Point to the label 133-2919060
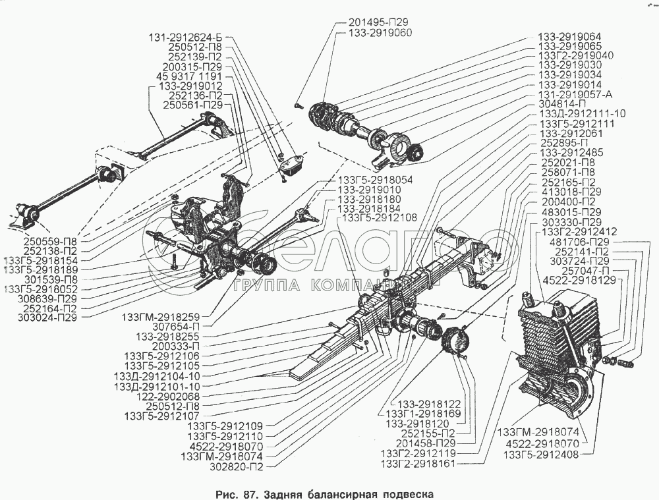coord(380,32)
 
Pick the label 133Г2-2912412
coord(579,232)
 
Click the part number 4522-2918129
coord(580,280)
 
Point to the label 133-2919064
coord(569,38)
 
